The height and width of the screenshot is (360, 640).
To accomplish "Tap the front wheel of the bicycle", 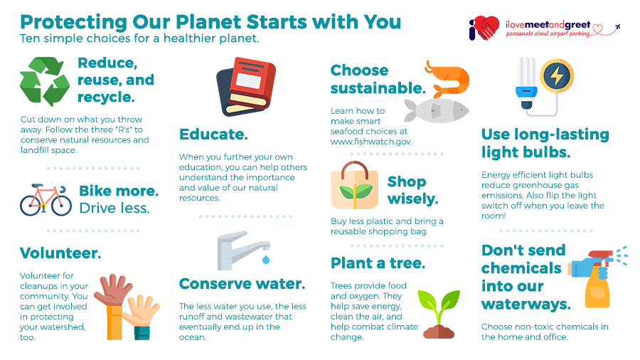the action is [x=61, y=206].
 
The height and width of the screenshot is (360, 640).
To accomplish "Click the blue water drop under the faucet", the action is [x=266, y=259].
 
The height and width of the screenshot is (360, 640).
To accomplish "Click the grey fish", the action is [x=437, y=110].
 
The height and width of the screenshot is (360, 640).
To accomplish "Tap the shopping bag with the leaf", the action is [x=354, y=186].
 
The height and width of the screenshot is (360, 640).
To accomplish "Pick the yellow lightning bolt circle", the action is [x=557, y=76].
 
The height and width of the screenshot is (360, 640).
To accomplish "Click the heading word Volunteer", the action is [x=60, y=253].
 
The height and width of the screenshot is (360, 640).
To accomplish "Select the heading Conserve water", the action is [x=242, y=284].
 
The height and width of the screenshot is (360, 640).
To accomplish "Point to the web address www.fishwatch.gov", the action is [x=371, y=142].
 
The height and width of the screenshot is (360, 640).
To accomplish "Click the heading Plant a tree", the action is [x=378, y=263].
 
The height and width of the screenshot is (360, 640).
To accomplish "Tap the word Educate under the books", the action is [x=213, y=134].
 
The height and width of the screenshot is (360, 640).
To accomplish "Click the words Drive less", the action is [x=114, y=208].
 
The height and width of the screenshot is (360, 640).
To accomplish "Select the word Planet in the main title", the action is [x=208, y=21].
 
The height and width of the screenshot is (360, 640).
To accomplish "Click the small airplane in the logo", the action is [x=617, y=27].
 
